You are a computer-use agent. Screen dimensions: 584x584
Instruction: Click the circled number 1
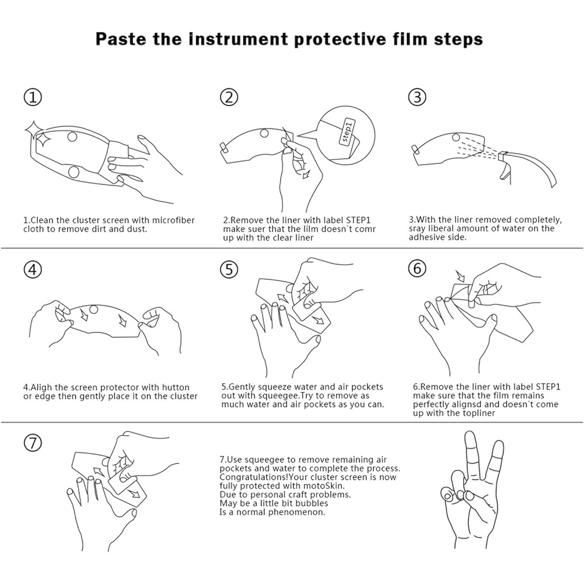point(33,97)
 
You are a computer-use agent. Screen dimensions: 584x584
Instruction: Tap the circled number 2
point(229,97)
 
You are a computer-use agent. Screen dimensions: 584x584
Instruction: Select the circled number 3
point(418,97)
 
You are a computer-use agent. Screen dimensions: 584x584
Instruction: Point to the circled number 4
point(33,269)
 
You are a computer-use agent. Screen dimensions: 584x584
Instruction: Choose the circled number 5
point(229,269)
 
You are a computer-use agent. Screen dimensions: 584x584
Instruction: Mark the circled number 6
point(418,268)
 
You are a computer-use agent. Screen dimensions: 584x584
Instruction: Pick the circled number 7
point(33,443)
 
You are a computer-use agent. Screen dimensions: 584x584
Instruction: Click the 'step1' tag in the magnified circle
point(347,131)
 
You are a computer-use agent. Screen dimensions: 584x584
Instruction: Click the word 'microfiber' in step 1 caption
point(174,220)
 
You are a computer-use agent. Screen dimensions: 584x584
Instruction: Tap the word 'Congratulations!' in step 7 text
point(253,477)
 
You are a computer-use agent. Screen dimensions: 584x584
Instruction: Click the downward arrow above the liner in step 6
point(460,276)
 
